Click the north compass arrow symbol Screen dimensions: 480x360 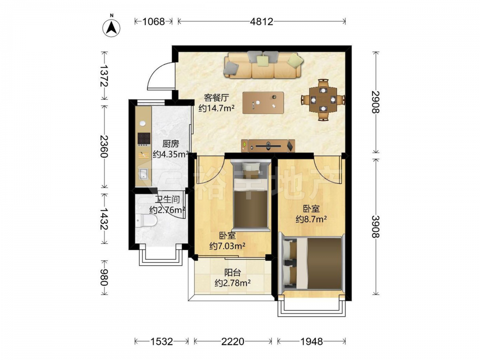tap(111, 27)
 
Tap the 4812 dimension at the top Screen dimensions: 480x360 tap(262, 22)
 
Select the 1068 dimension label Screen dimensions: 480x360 tap(154, 22)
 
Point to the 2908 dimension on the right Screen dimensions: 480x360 tap(376, 102)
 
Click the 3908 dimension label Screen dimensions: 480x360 tap(376, 227)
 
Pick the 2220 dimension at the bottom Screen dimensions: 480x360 tap(233, 341)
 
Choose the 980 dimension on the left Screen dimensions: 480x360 tap(104, 277)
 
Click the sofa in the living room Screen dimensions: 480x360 tap(264, 65)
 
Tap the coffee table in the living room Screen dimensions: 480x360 tap(263, 103)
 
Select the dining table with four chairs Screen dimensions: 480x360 tap(323, 99)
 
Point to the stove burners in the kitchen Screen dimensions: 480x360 tap(144, 139)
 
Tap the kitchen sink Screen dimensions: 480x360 tap(143, 174)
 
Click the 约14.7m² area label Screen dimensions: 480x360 tap(216, 108)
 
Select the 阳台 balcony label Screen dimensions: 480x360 tap(233, 272)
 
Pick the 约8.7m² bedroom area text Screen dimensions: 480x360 tap(311, 219)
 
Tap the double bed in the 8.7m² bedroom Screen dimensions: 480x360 tap(312, 264)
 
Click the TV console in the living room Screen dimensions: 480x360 tap(268, 146)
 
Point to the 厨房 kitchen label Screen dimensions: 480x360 tap(170, 144)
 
